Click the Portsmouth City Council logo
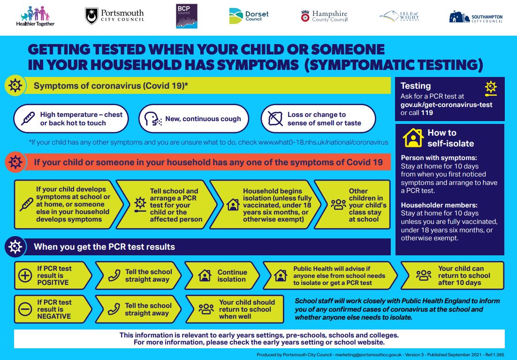tap(114, 16)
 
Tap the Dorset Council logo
tap(249, 16)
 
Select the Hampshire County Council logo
tap(324, 16)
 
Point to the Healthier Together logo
tap(35, 16)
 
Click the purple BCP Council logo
tap(187, 16)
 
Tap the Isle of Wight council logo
tap(399, 16)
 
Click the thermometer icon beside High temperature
tap(28, 119)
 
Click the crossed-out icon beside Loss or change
tap(275, 119)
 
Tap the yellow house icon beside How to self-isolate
tap(413, 138)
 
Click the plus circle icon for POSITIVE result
tap(25, 275)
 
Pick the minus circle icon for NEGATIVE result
tap(25, 309)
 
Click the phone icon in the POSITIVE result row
tap(114, 276)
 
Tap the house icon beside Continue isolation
tap(205, 276)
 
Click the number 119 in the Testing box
tap(427, 113)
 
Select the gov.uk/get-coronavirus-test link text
tap(447, 105)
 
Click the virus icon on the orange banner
tap(15, 162)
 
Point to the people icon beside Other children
tap(338, 205)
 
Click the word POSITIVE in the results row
tap(53, 283)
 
